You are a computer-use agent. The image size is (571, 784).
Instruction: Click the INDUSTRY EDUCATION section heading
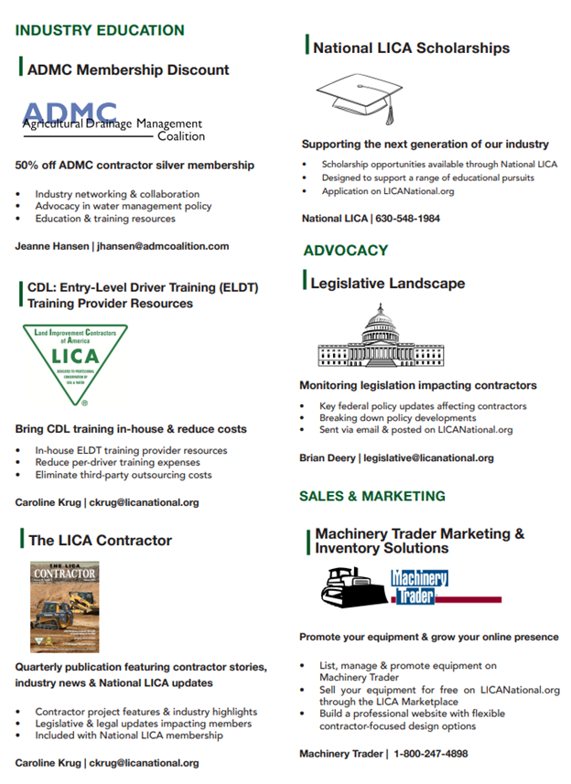(x=100, y=30)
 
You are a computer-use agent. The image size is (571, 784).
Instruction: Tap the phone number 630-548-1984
(x=404, y=219)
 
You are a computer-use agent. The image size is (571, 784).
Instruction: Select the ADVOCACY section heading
(x=346, y=250)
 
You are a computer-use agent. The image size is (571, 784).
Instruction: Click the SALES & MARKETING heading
(x=372, y=496)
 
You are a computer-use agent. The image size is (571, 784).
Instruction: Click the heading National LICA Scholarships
(x=411, y=48)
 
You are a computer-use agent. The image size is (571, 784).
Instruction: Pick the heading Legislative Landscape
(x=387, y=284)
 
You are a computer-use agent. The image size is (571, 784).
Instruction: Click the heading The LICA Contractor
(x=100, y=541)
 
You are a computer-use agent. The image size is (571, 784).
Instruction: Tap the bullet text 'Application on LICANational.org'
(x=387, y=191)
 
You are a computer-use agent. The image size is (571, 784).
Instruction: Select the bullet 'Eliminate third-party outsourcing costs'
(x=124, y=475)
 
